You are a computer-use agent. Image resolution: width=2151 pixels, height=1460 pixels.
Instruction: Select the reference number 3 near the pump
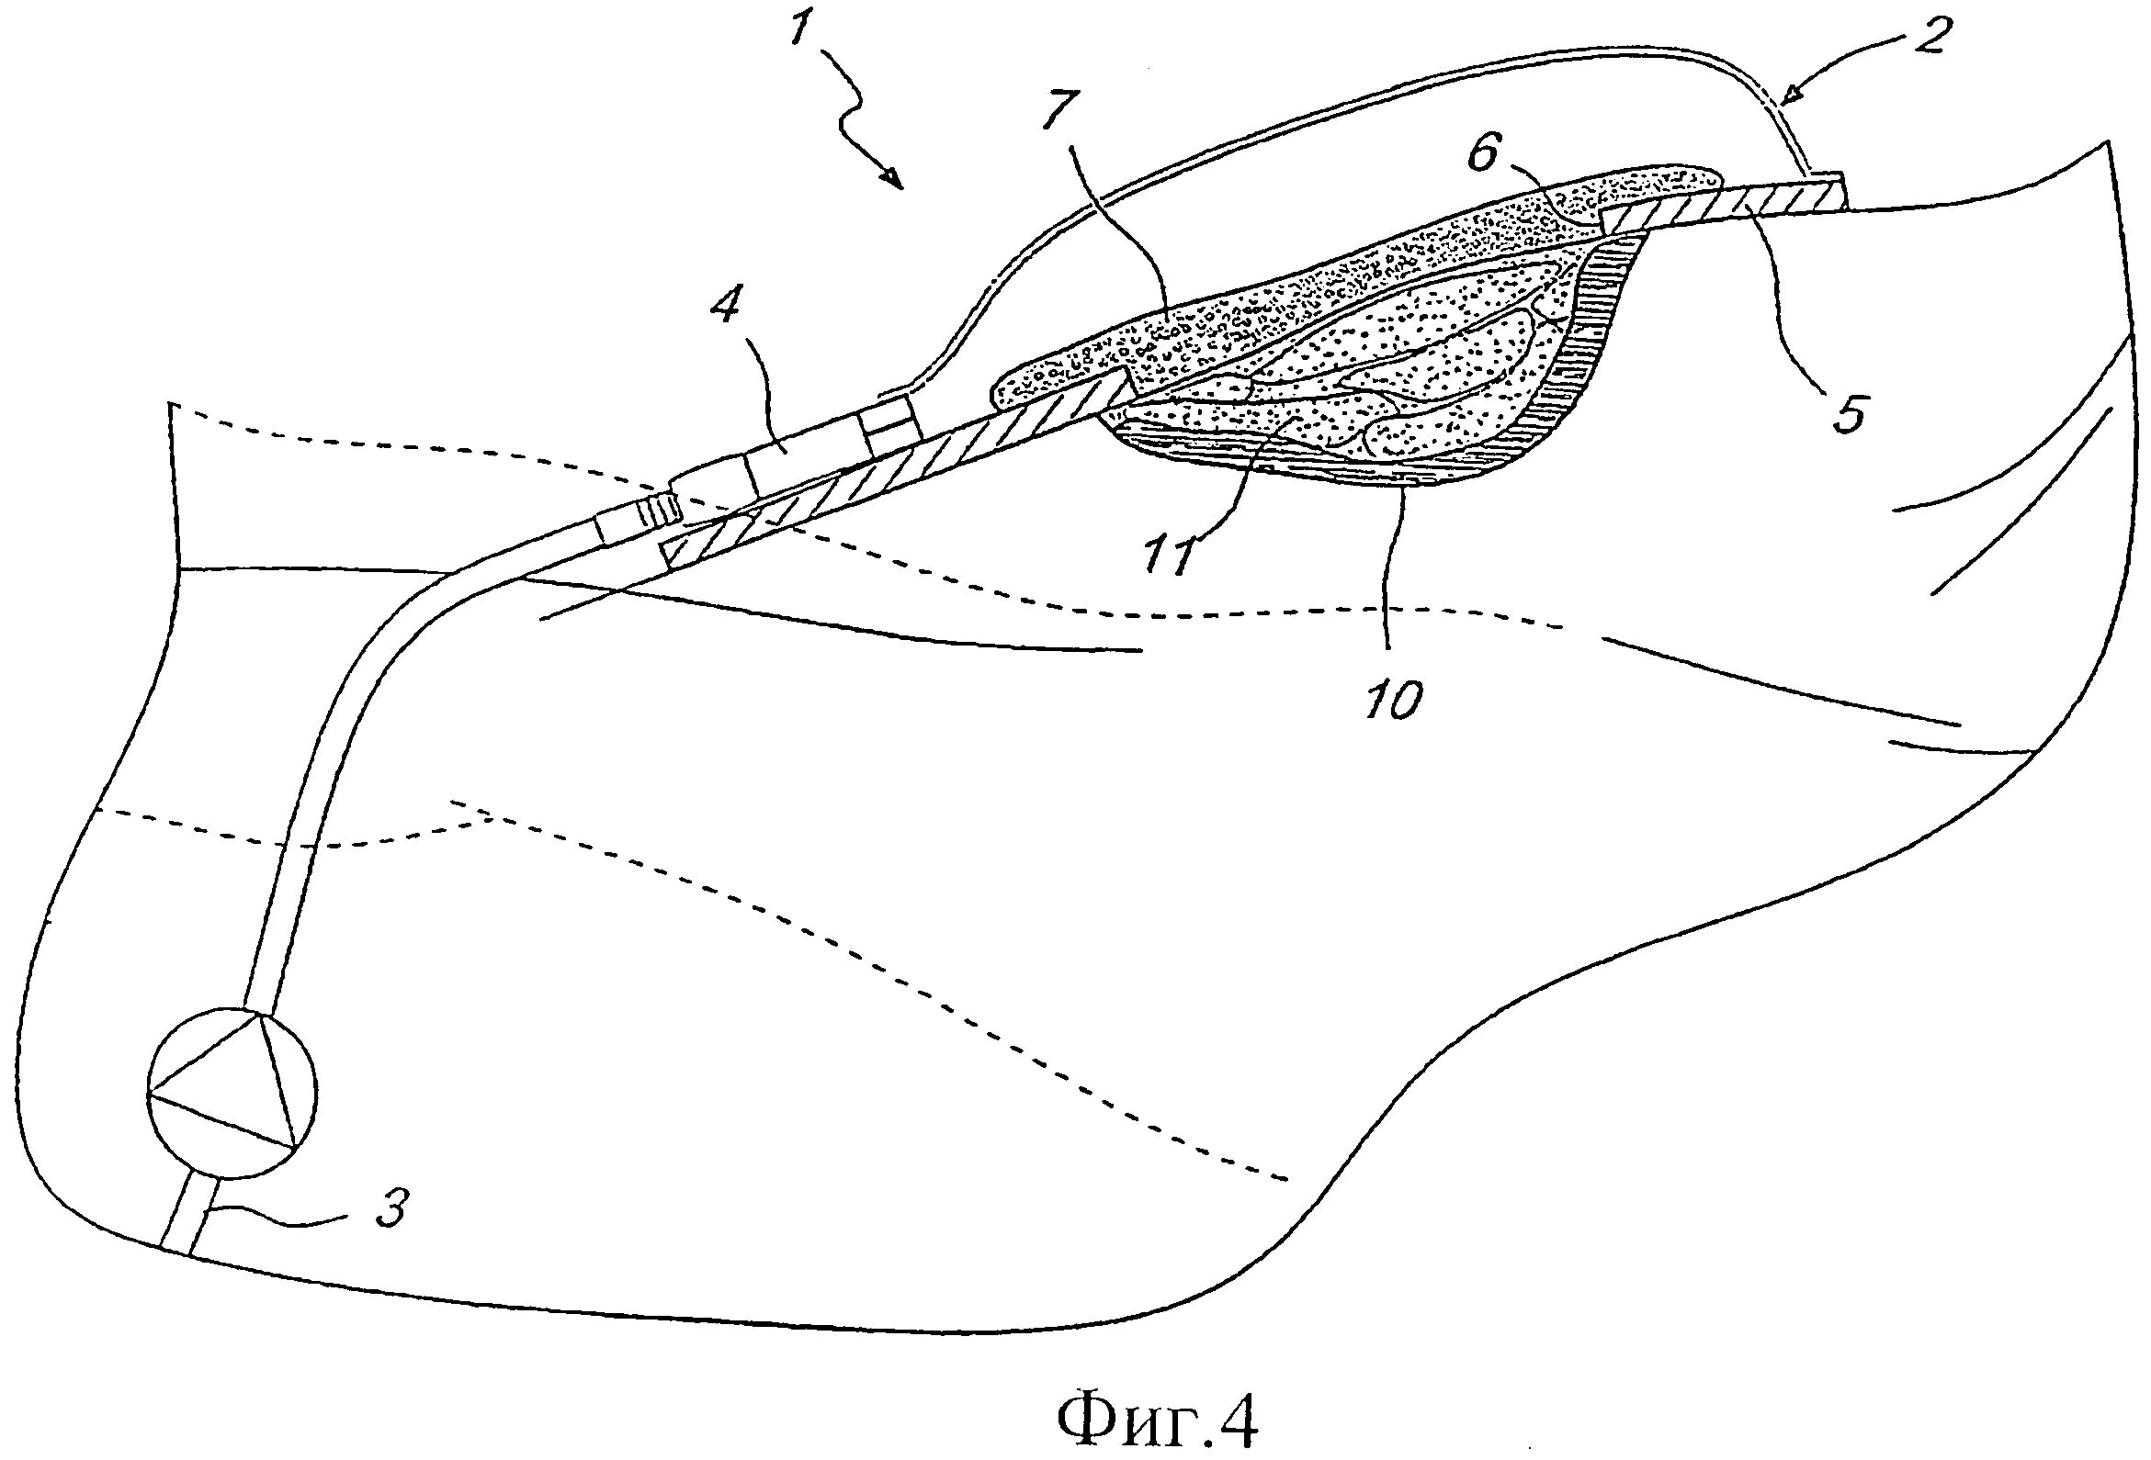390,1207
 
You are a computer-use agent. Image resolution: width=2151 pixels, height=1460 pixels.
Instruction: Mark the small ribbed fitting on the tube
659,508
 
